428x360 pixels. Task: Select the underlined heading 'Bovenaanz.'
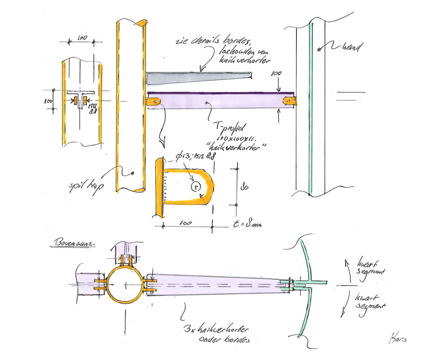[x=71, y=242]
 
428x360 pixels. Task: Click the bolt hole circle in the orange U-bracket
[x=196, y=186]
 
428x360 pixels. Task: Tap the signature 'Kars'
[x=397, y=337]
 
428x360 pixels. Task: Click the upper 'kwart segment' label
[x=370, y=267]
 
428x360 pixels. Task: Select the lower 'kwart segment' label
[x=369, y=302]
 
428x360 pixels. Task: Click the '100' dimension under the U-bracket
[x=187, y=224]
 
